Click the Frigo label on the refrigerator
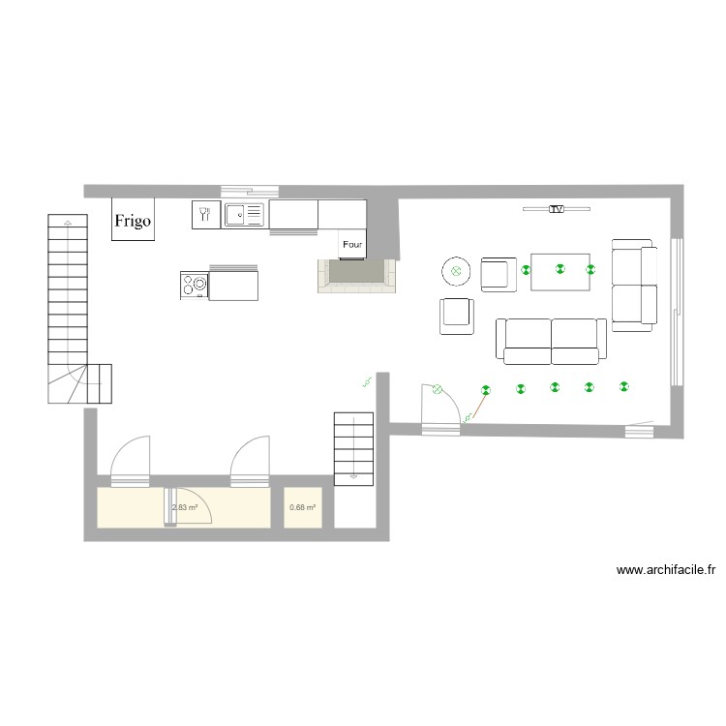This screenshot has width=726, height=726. pos(133,220)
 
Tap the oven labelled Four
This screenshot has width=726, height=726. pos(351,245)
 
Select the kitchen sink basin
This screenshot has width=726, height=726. pos(236,214)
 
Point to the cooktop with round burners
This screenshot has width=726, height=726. pos(194,285)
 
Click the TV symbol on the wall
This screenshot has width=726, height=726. pos(556,208)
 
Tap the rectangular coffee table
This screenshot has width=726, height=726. pos(560,271)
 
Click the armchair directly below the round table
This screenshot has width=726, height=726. pos(457,316)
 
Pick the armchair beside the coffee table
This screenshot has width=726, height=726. pos(499,273)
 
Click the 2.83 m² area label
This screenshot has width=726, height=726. pos(185,507)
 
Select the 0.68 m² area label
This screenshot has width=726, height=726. pos(303,507)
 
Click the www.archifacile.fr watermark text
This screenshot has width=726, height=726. pos(666,571)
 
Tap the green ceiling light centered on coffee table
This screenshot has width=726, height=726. pos(560,271)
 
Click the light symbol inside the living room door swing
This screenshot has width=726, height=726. pos(438,390)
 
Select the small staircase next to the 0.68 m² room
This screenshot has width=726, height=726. pos(353,447)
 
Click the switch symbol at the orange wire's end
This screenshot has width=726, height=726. pos(469,419)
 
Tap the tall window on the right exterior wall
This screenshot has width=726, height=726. pos(677,311)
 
